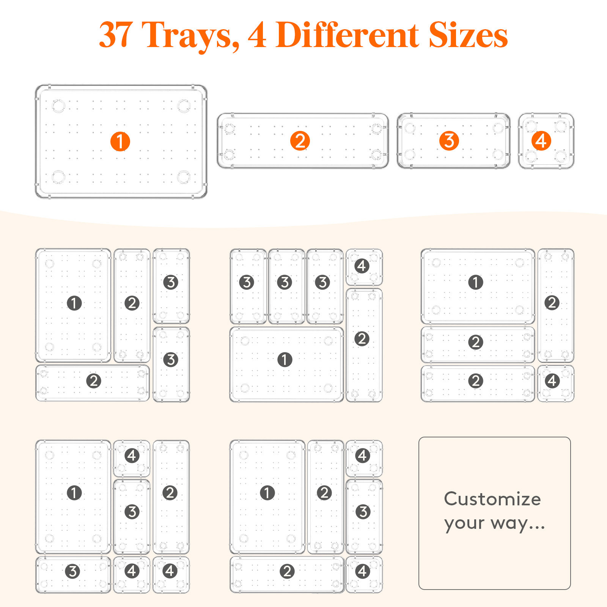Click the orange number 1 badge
click(x=120, y=142)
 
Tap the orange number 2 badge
click(x=300, y=141)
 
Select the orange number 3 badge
click(x=449, y=141)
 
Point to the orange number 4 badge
click(x=541, y=141)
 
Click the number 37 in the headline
click(x=116, y=35)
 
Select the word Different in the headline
click(x=347, y=35)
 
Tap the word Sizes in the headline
click(x=468, y=35)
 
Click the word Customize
click(x=492, y=498)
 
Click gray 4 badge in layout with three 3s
click(x=362, y=266)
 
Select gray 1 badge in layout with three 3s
click(x=285, y=359)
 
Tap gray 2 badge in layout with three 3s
click(x=362, y=339)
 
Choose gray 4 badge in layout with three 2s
click(x=552, y=381)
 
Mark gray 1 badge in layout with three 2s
click(x=476, y=282)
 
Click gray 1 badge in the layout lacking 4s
click(x=74, y=303)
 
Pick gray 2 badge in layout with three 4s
click(x=170, y=493)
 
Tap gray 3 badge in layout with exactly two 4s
click(x=363, y=512)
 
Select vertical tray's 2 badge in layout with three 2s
click(x=552, y=303)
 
